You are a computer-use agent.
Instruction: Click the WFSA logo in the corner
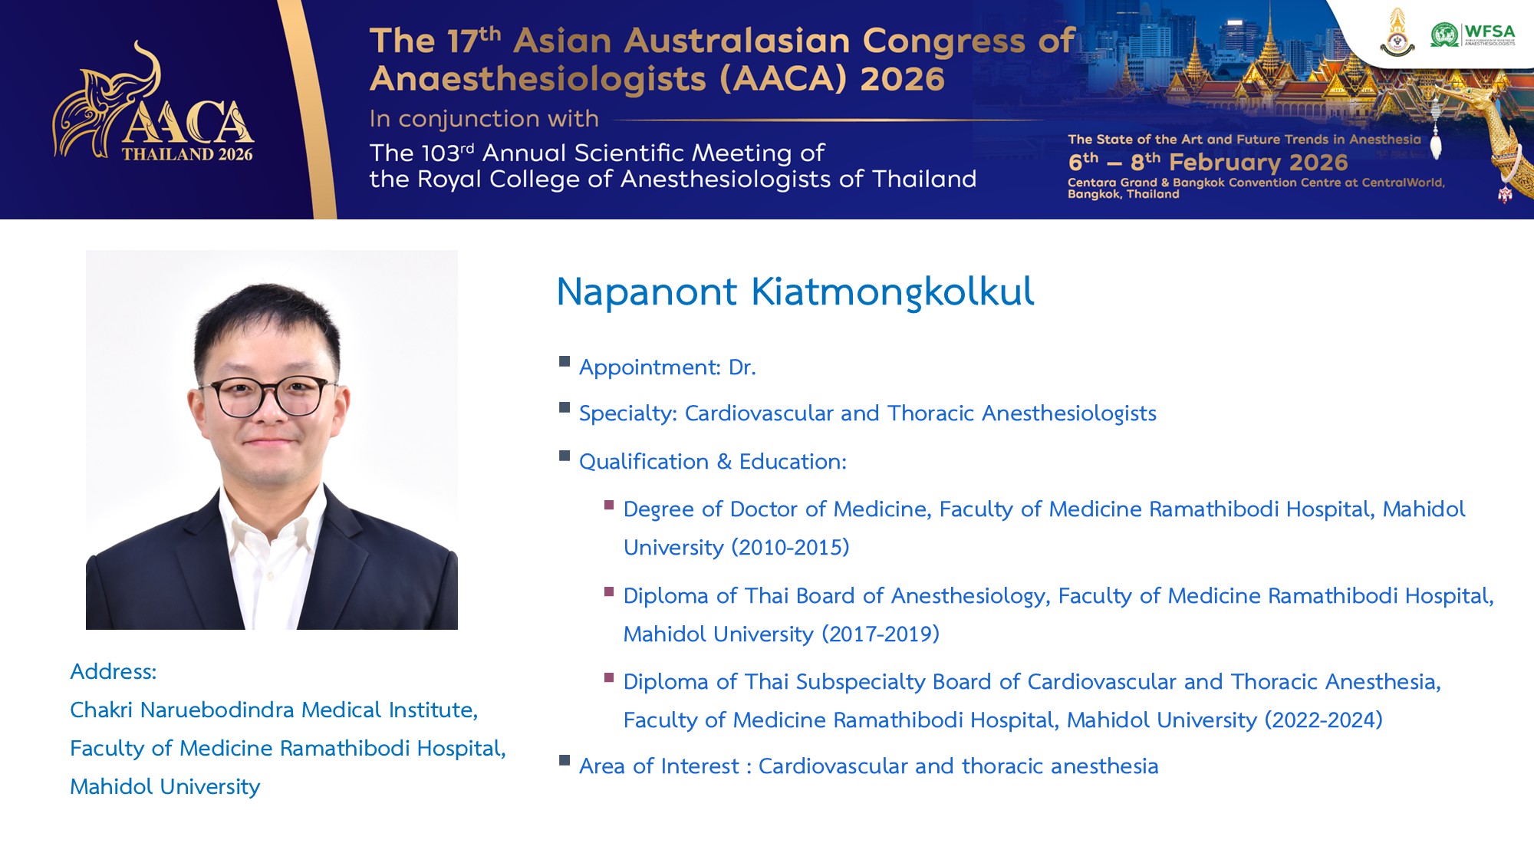point(1473,35)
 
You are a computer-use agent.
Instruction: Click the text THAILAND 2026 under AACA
point(187,154)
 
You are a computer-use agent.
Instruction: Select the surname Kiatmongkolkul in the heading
point(892,292)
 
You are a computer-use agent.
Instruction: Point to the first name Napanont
point(647,292)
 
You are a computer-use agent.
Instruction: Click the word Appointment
point(650,367)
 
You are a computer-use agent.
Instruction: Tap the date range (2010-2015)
point(790,547)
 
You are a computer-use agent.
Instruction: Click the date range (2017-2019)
point(881,634)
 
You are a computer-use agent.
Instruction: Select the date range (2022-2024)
point(1323,720)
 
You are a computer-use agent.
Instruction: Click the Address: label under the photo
point(114,671)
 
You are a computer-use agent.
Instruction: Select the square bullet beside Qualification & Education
point(565,456)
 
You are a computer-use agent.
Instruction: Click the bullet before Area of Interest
point(565,760)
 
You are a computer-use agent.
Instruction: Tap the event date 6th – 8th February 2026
point(1208,162)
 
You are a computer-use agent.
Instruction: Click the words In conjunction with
point(484,119)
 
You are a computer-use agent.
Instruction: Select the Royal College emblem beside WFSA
point(1397,33)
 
